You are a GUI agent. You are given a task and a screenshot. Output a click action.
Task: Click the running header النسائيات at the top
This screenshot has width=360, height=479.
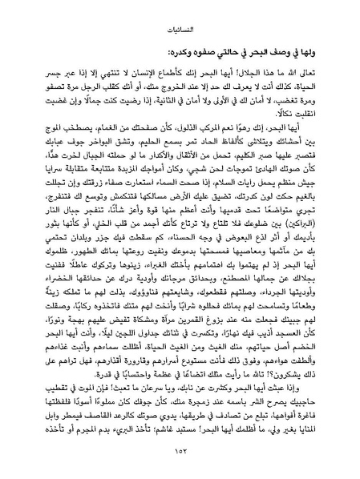point(180,30)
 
